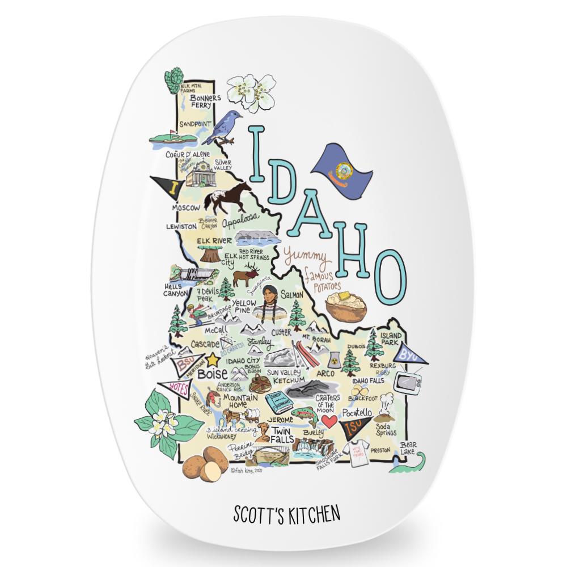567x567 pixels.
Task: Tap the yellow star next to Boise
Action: click(x=213, y=359)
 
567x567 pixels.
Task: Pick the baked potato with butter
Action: click(x=345, y=306)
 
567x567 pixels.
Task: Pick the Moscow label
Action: click(x=187, y=208)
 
